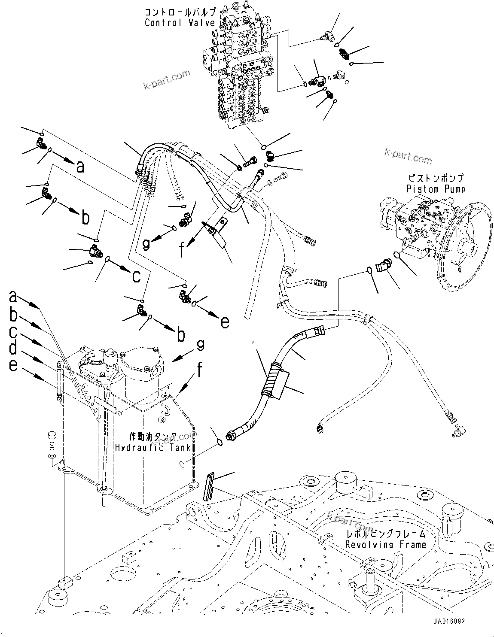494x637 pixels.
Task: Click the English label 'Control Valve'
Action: pyautogui.click(x=179, y=23)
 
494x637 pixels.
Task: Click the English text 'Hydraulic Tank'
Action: pyautogui.click(x=152, y=448)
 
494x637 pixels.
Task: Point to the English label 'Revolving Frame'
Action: pyautogui.click(x=386, y=545)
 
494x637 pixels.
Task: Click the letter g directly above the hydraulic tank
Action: pyautogui.click(x=200, y=345)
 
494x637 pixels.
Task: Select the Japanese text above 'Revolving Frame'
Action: pyautogui.click(x=386, y=534)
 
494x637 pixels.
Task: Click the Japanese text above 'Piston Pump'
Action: pyautogui.click(x=435, y=178)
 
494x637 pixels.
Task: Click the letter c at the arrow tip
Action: pyautogui.click(x=136, y=276)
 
